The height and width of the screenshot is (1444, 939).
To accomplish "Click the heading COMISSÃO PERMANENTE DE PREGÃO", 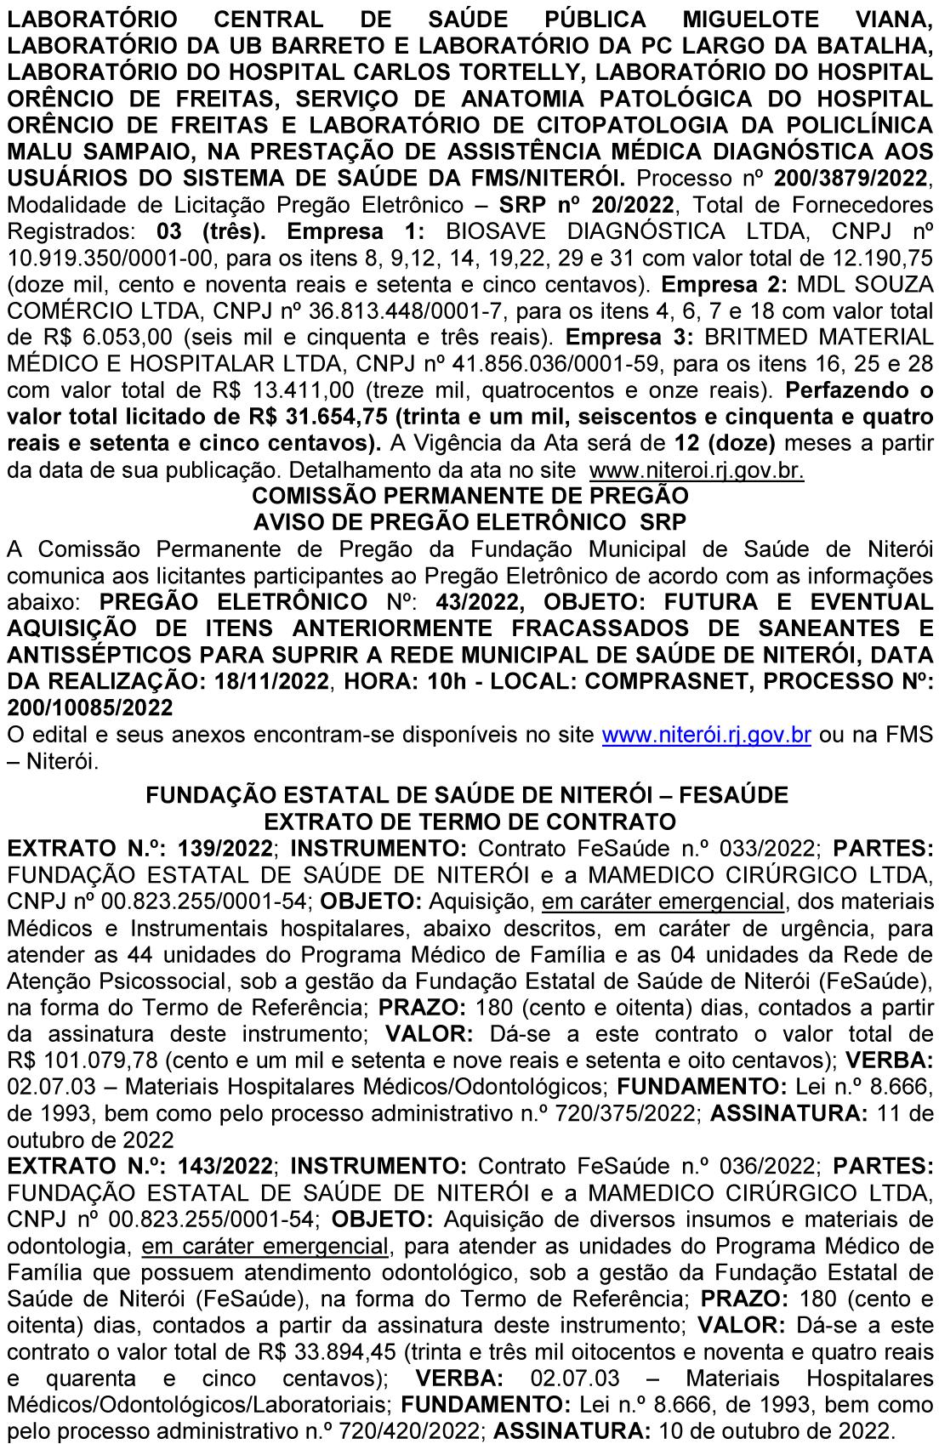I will (x=470, y=495).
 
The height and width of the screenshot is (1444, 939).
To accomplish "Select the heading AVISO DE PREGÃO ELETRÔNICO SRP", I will (x=470, y=520).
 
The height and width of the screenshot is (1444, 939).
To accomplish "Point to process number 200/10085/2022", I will (x=89, y=708).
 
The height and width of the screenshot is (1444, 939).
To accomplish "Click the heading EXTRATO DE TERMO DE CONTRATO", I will (x=470, y=821).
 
